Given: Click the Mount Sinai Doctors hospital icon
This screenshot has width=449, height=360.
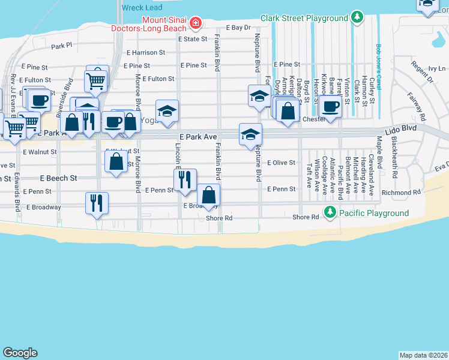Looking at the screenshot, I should coord(195,23).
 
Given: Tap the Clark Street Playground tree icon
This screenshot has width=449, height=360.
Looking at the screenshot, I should coord(358,17).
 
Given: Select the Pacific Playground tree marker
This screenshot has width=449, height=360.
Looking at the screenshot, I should coord(330,212).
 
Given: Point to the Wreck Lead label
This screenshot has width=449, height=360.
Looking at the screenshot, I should coord(142,8).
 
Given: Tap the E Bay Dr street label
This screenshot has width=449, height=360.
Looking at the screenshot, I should coord(238,28).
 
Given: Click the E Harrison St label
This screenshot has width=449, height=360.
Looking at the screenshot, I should coord(145,53).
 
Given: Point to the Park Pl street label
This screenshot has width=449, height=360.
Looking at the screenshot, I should coord(61,45).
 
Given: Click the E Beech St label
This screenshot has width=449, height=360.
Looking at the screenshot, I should coord(59,178).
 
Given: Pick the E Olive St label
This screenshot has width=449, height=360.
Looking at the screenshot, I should coord(282,163).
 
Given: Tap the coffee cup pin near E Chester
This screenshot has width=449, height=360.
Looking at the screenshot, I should coord(330,107).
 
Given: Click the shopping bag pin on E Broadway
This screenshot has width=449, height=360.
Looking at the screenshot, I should coord(208,194).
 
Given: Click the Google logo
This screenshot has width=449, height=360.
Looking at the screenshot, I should coord(20,353).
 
